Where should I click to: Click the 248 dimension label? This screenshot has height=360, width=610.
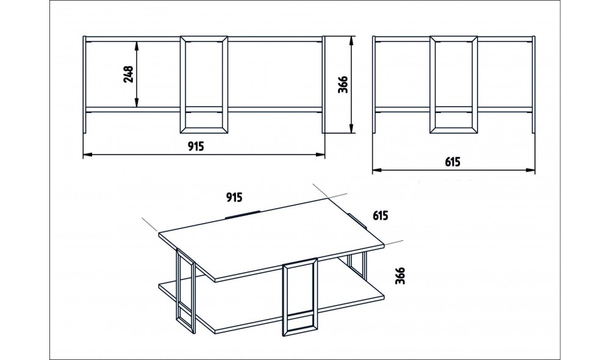click(x=128, y=74)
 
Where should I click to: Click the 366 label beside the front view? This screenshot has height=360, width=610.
click(x=343, y=85)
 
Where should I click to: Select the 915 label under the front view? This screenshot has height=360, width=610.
click(x=196, y=146)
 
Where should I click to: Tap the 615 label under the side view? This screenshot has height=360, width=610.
click(x=453, y=162)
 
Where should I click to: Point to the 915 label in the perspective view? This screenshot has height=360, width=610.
click(x=234, y=197)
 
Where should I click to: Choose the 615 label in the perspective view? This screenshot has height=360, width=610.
click(x=380, y=215)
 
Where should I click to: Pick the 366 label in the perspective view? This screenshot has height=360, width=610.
click(x=400, y=276)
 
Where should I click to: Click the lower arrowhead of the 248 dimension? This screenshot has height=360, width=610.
click(x=137, y=103)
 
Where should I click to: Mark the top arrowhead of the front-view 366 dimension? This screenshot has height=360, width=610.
click(x=351, y=41)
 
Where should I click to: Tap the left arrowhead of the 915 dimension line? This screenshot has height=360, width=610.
click(x=87, y=154)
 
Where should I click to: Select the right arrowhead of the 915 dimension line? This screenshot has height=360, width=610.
click(x=320, y=154)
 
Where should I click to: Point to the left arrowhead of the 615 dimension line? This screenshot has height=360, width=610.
click(x=378, y=170)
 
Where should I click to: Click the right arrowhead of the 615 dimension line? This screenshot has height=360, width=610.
click(x=530, y=170)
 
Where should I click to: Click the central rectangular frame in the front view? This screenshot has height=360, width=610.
click(x=183, y=85)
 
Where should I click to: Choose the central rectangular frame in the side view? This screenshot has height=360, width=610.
click(x=432, y=85)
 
